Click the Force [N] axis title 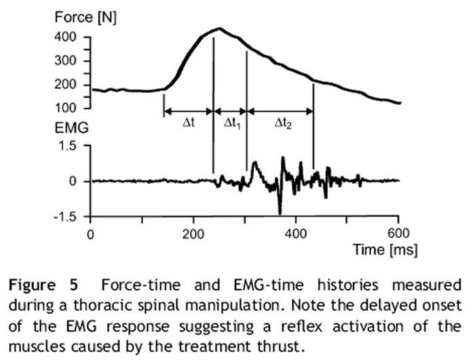click(x=85, y=18)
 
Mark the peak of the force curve click(x=219, y=28)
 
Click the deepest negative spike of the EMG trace click(x=280, y=213)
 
